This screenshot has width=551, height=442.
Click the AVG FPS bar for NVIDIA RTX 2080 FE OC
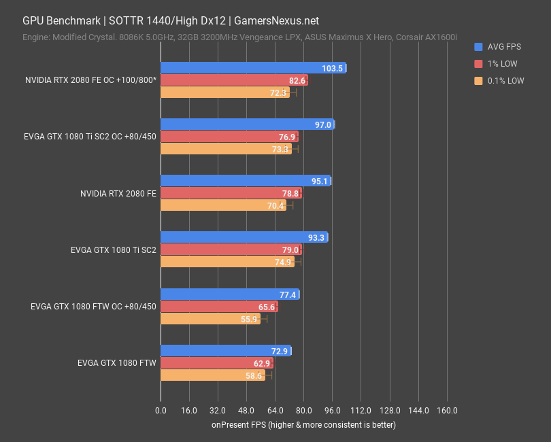click(253, 68)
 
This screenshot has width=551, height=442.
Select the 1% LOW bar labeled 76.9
click(229, 137)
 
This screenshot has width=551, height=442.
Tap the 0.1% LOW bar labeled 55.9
click(210, 319)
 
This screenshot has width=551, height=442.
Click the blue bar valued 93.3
click(244, 237)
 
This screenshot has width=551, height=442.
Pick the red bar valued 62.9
click(216, 364)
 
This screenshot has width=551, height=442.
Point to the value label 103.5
click(333, 68)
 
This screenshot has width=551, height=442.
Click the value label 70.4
click(275, 206)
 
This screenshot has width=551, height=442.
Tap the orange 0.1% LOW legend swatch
click(478, 80)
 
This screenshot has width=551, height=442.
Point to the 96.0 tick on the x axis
click(332, 411)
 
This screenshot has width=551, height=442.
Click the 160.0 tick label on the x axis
click(446, 411)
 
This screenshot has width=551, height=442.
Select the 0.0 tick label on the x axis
click(161, 411)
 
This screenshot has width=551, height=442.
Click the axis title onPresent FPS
click(303, 425)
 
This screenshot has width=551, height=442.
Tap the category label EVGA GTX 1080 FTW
click(117, 364)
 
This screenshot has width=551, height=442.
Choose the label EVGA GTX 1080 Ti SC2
click(113, 250)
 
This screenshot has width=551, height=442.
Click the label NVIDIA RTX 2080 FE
click(118, 193)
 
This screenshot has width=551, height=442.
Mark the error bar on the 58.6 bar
click(268, 375)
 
